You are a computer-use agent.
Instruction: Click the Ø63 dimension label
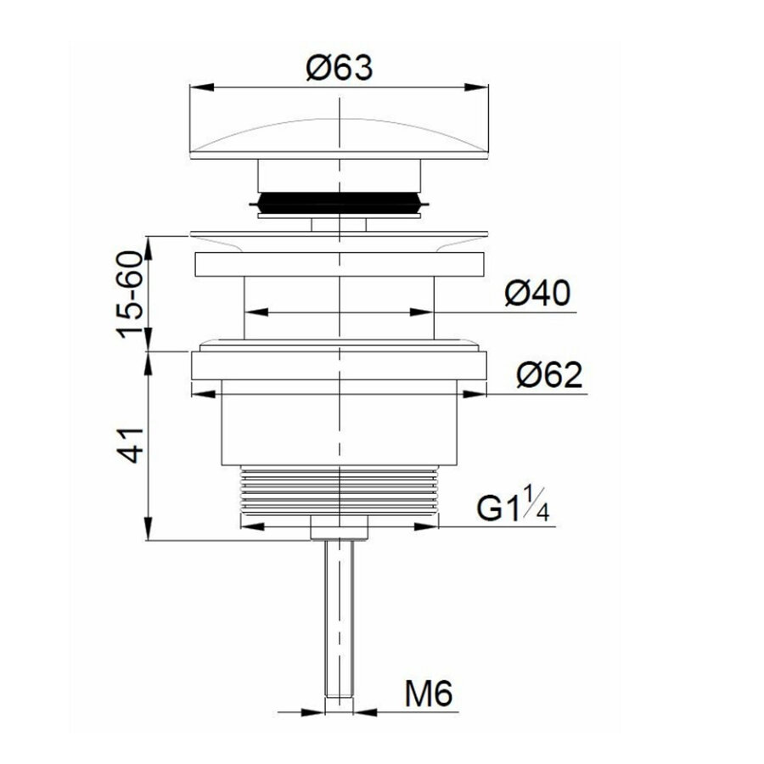coord(339,67)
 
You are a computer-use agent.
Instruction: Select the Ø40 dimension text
coord(536,295)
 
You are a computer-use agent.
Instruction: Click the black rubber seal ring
coord(339,204)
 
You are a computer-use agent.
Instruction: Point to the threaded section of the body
coord(340,492)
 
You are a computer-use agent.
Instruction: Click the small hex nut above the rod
coord(340,529)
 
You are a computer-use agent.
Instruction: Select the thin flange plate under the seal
coord(340,236)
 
